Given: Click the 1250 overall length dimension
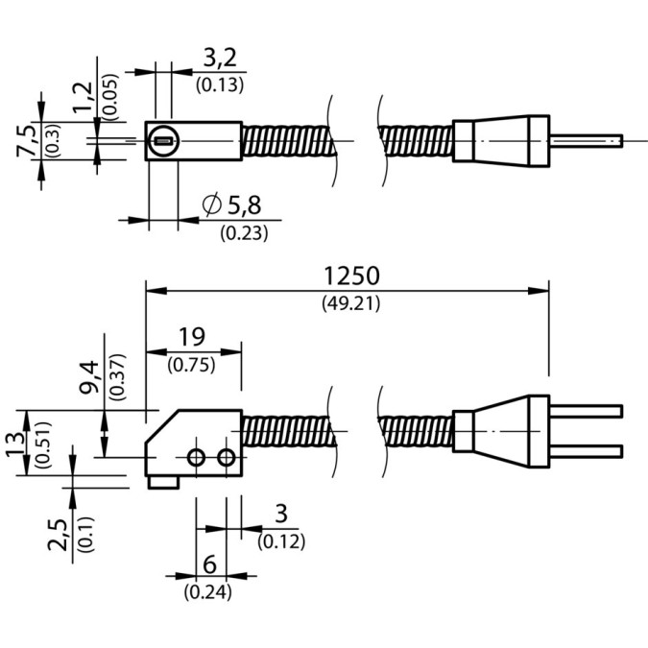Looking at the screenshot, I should pyautogui.click(x=351, y=276).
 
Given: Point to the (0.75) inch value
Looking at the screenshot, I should pyautogui.click(x=191, y=365).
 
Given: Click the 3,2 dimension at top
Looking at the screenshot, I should pyautogui.click(x=220, y=60).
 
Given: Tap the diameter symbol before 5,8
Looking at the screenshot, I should pyautogui.click(x=212, y=204).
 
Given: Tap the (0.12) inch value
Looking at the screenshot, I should pyautogui.click(x=280, y=542).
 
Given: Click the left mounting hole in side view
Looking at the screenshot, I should pyautogui.click(x=196, y=458).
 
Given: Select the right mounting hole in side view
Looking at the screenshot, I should pyautogui.click(x=226, y=458).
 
